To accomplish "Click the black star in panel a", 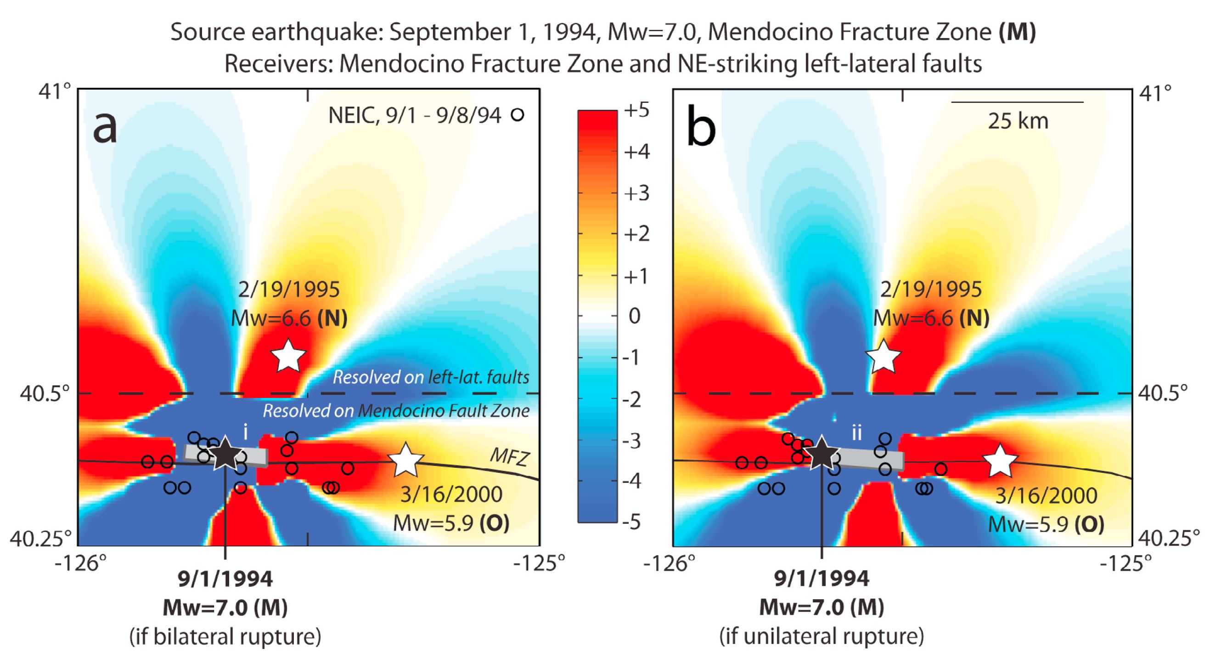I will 225,454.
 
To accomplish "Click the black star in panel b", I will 821,454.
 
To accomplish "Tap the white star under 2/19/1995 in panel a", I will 288,356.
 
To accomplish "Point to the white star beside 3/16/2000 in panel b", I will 1000,461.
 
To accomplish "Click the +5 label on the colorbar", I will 636,111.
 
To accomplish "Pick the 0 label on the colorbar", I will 634,316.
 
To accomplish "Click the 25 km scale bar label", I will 1018,122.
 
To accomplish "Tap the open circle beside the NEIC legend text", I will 517,115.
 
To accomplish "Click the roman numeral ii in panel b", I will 857,433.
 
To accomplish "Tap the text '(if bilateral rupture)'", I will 225,637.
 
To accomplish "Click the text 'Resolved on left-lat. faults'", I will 431,377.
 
